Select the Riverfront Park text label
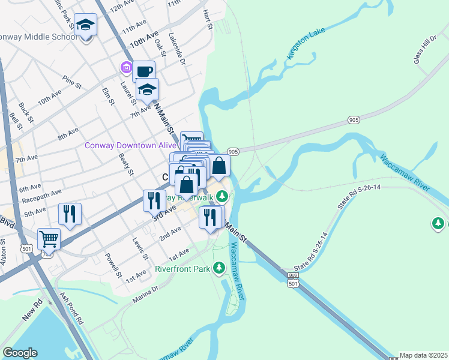(x=182, y=269)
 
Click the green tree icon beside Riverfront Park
(x=220, y=266)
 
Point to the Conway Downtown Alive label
(x=130, y=145)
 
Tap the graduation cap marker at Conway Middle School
(x=86, y=26)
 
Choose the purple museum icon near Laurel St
(x=126, y=68)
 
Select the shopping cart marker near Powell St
(x=49, y=239)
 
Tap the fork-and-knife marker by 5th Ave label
(x=70, y=214)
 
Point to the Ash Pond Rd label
(x=71, y=308)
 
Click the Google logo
(x=20, y=353)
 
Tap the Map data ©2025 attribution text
(x=423, y=355)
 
